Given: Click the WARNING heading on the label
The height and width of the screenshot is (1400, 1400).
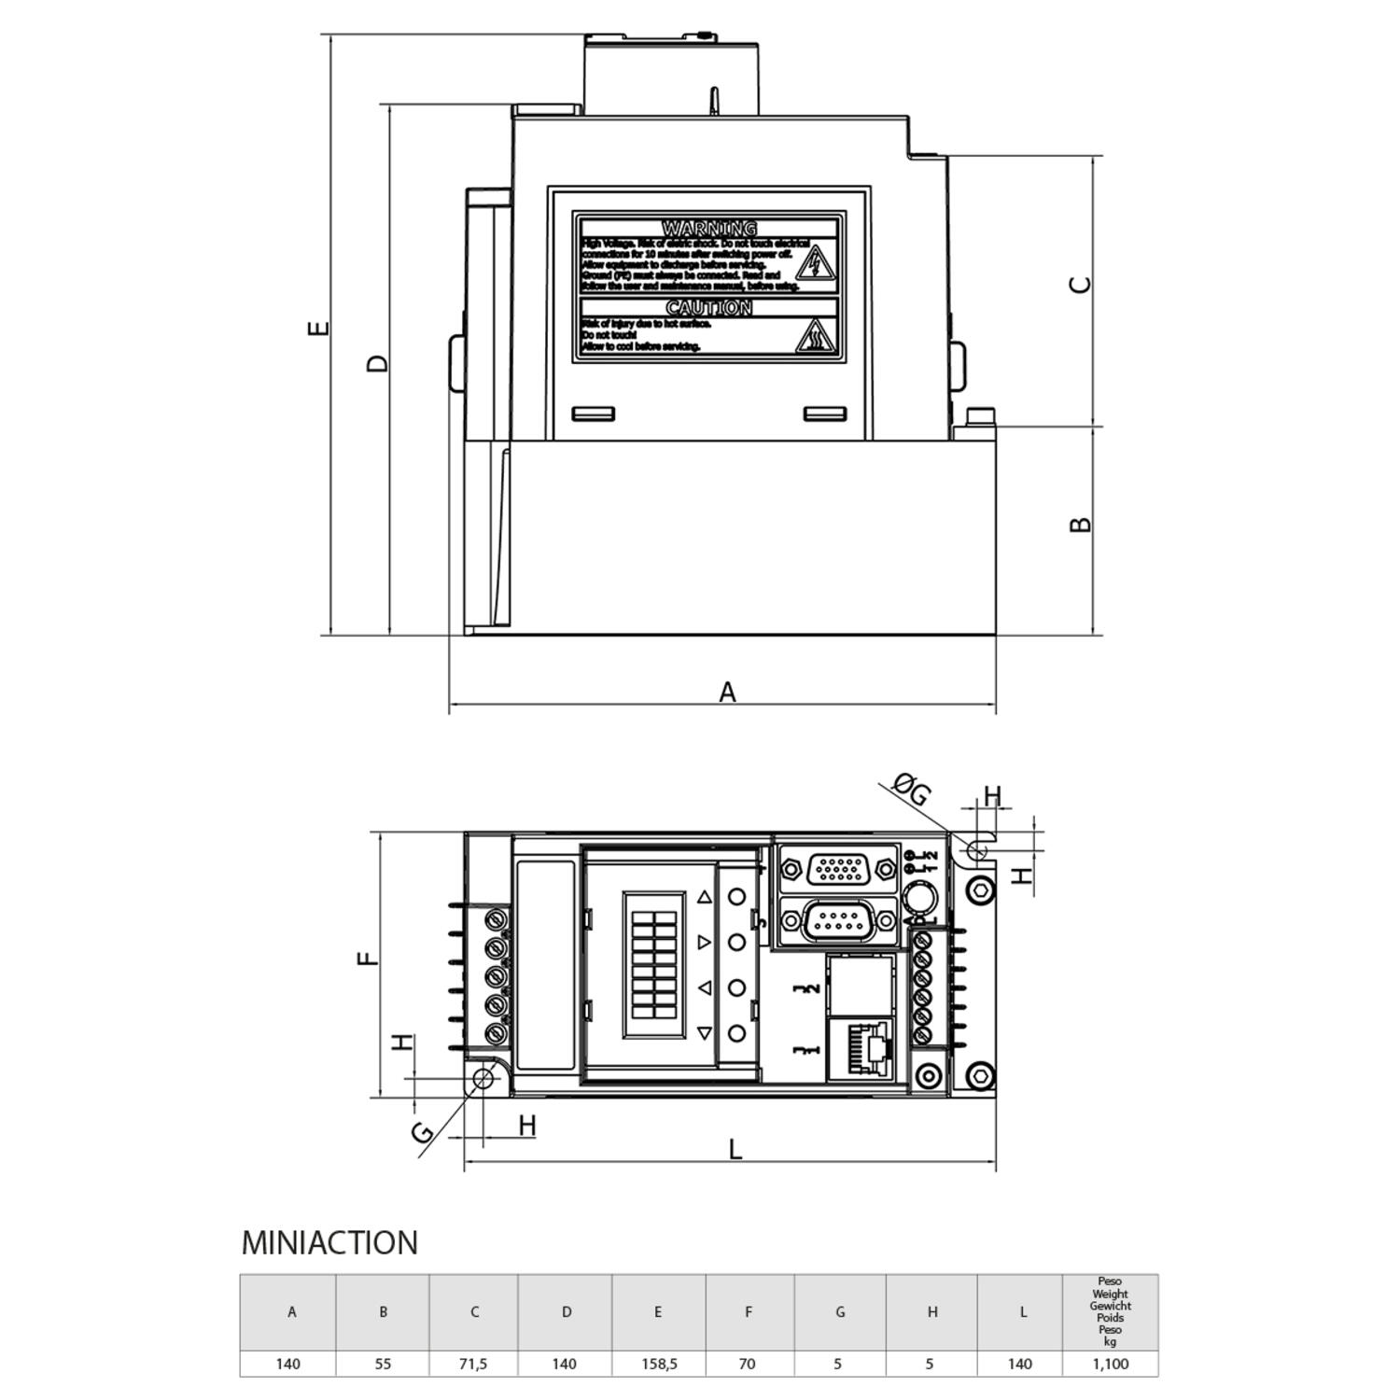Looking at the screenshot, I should [x=709, y=229].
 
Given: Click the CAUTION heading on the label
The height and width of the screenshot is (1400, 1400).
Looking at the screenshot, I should [x=709, y=308].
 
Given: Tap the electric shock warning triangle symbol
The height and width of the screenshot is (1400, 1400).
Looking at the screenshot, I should [x=816, y=264].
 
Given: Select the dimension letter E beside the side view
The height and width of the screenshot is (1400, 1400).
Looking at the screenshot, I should [x=319, y=328].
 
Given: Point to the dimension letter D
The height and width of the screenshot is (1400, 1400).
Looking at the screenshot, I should [x=377, y=363].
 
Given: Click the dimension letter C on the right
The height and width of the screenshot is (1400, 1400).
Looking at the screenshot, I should [x=1080, y=285].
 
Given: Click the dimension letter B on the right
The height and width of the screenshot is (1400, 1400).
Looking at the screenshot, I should [x=1080, y=525].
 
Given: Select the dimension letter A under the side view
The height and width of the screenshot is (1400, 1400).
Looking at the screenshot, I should [x=727, y=693].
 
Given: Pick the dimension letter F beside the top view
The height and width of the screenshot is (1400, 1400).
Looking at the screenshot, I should [x=371, y=958].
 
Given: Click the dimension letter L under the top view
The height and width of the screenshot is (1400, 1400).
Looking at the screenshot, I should [x=735, y=1149].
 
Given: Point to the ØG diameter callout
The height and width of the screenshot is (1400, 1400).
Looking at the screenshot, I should [x=912, y=791].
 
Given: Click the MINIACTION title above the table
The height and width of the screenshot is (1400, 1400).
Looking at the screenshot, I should [x=329, y=1243].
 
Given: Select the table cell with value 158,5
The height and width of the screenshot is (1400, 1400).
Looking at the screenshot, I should [x=659, y=1364].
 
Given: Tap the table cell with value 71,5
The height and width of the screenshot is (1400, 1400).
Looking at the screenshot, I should [x=473, y=1364].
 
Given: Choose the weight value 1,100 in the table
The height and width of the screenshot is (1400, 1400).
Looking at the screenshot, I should [x=1110, y=1364].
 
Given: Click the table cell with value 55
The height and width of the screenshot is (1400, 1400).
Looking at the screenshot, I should [x=383, y=1364].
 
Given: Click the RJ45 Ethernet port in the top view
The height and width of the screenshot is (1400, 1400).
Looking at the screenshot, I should [x=866, y=1049].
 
